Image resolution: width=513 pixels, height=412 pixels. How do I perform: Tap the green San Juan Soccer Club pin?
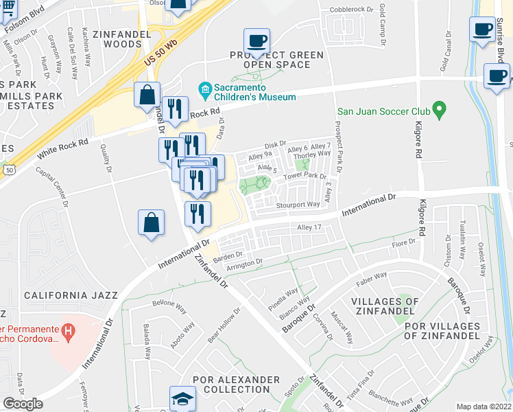pos(440,109)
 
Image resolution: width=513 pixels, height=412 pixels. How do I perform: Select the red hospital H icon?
pos(68,331)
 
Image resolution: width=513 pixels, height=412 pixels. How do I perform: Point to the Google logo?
pos(23,404)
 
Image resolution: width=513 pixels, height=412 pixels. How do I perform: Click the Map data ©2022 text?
pos(484,407)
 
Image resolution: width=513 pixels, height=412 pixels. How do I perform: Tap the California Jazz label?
pos(71,295)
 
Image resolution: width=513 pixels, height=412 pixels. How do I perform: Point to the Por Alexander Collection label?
pos(236,385)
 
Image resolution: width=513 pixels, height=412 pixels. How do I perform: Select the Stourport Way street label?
pos(298,204)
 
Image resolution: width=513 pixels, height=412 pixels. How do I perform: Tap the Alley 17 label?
pos(309,227)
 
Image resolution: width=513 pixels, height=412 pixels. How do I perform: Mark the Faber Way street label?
pos(372,280)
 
